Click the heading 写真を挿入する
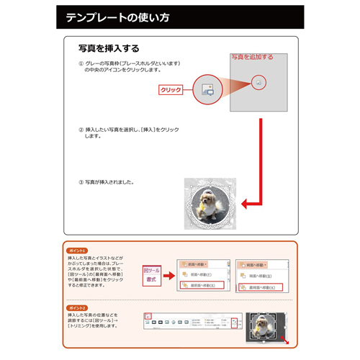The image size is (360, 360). pos(109,49)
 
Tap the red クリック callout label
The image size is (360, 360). pos(170,90)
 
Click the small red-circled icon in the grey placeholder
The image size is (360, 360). pos(258,83)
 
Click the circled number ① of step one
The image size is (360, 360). pos(81,64)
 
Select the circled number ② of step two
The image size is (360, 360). pos(81,130)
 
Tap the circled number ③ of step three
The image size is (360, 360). pos(81,181)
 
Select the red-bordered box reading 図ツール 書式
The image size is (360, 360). pos(152,271)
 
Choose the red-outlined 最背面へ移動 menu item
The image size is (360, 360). pos(260,287)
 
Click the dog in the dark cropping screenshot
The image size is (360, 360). pos(261,326)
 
